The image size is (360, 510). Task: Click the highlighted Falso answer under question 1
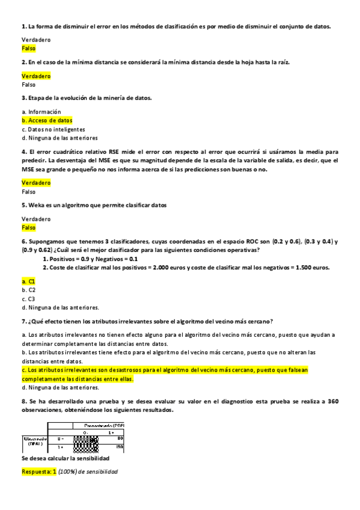28,48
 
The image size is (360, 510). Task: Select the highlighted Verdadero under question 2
35,76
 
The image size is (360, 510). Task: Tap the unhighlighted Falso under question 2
28,85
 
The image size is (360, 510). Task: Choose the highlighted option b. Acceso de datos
47,120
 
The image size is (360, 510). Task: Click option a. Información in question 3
41,112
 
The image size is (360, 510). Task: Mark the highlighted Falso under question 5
28,228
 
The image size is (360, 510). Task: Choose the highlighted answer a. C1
28,281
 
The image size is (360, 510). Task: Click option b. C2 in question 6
28,290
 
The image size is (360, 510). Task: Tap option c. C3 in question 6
28,298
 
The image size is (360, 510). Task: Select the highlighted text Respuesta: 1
38,472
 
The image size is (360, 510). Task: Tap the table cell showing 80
120,439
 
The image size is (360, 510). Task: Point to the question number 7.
23,321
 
